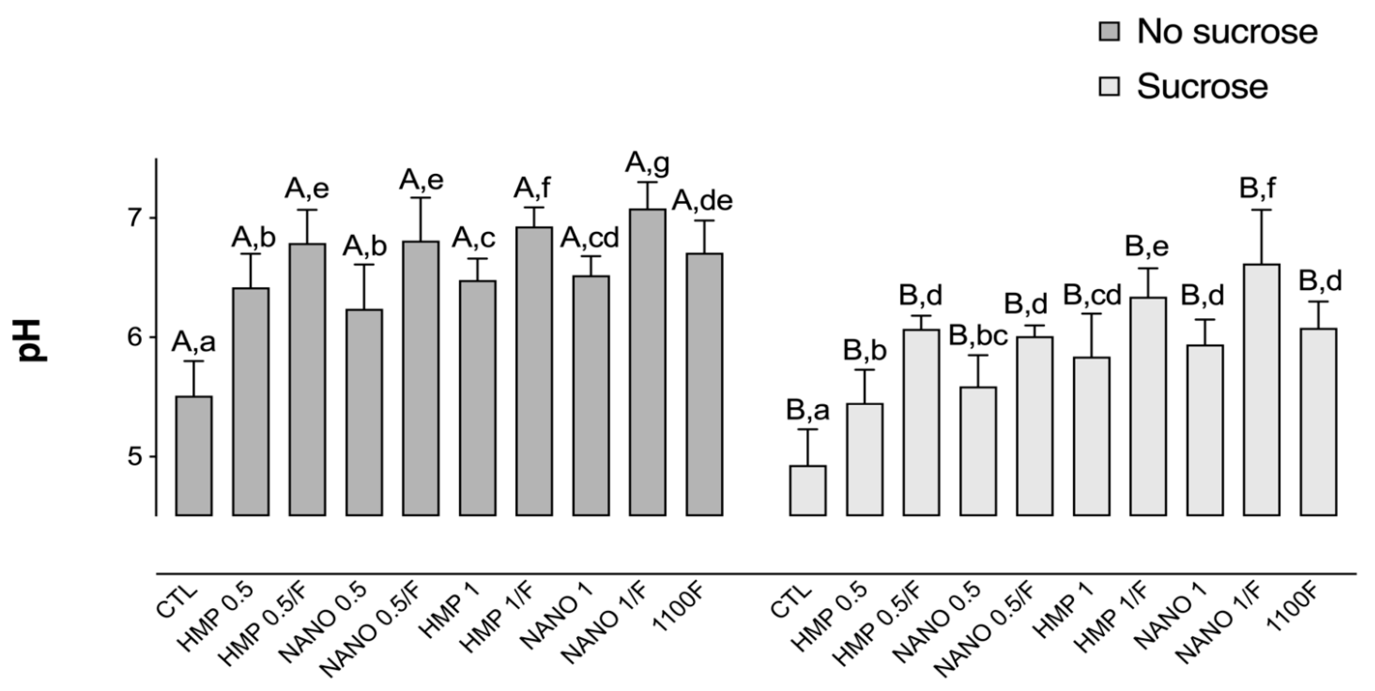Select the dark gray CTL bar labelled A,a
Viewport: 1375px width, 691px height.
(194, 456)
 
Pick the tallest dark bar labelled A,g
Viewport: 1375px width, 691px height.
(647, 363)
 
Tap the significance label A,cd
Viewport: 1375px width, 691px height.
(589, 238)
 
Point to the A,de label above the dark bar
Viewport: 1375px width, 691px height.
(702, 201)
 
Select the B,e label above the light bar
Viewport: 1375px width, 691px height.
(1147, 246)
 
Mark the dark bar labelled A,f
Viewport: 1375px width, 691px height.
(534, 371)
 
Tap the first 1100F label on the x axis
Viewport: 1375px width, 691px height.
(678, 614)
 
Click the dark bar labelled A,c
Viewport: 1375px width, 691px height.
(477, 398)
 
